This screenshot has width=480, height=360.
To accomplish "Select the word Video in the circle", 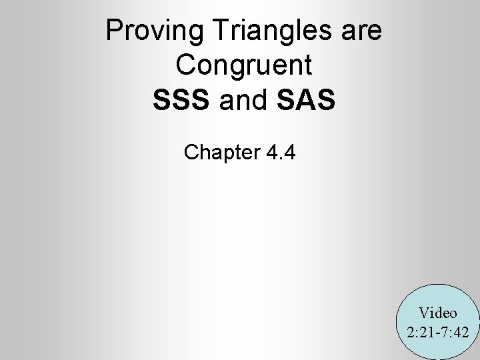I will (x=438, y=312).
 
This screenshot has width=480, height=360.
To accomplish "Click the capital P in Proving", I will (x=114, y=31).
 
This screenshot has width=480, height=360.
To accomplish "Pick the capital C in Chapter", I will (x=191, y=153).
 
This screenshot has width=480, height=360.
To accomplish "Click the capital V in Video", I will (x=424, y=312).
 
